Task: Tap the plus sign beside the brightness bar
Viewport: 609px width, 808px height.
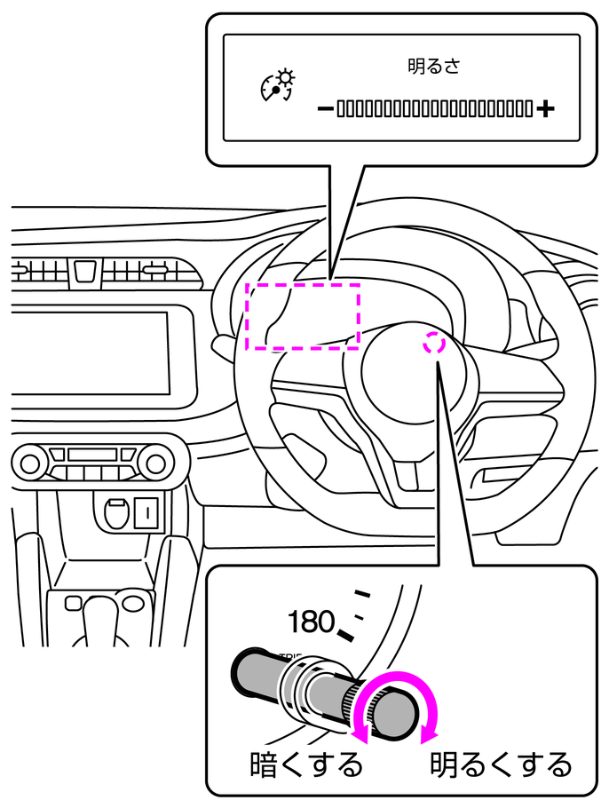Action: pos(545,109)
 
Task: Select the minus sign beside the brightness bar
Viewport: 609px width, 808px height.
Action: pos(324,109)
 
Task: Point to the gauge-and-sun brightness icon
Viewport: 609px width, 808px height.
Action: pos(276,83)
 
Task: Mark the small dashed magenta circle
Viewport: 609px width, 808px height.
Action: pos(433,343)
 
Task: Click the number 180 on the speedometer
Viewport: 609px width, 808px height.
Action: pos(311,622)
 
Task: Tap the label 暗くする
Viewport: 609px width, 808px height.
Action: pos(306,764)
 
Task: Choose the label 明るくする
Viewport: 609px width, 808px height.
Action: pos(500,764)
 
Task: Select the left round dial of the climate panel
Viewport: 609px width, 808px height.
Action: pos(31,462)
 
